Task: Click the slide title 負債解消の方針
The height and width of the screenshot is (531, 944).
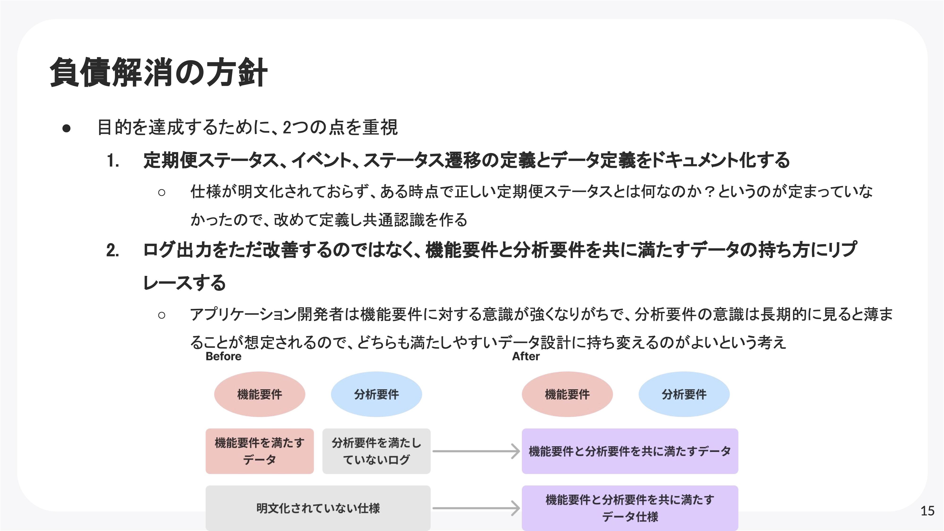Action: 159,72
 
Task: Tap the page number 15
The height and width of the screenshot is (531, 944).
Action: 927,510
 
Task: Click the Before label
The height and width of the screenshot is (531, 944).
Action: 223,356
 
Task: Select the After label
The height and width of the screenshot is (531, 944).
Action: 526,356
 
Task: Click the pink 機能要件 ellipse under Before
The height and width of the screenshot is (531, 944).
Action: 260,394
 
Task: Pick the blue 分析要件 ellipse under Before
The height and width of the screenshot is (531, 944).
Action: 376,394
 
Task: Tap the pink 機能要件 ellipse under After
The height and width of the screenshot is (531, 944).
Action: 567,394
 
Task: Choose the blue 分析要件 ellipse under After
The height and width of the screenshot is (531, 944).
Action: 684,394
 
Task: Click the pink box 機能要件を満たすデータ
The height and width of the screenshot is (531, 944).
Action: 260,451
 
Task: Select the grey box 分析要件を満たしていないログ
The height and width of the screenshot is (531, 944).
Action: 376,451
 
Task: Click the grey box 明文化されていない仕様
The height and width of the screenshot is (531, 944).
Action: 318,508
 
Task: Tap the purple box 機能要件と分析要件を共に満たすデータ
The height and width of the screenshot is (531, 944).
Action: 630,451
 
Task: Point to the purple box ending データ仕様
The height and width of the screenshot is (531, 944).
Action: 630,508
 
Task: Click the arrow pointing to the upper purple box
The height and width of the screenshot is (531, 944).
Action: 476,451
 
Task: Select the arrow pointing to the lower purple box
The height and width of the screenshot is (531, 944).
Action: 476,508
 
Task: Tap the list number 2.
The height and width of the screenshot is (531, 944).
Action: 113,251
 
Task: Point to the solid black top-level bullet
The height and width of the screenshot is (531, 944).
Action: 66,128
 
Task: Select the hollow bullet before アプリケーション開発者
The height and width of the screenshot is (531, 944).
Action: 162,315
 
